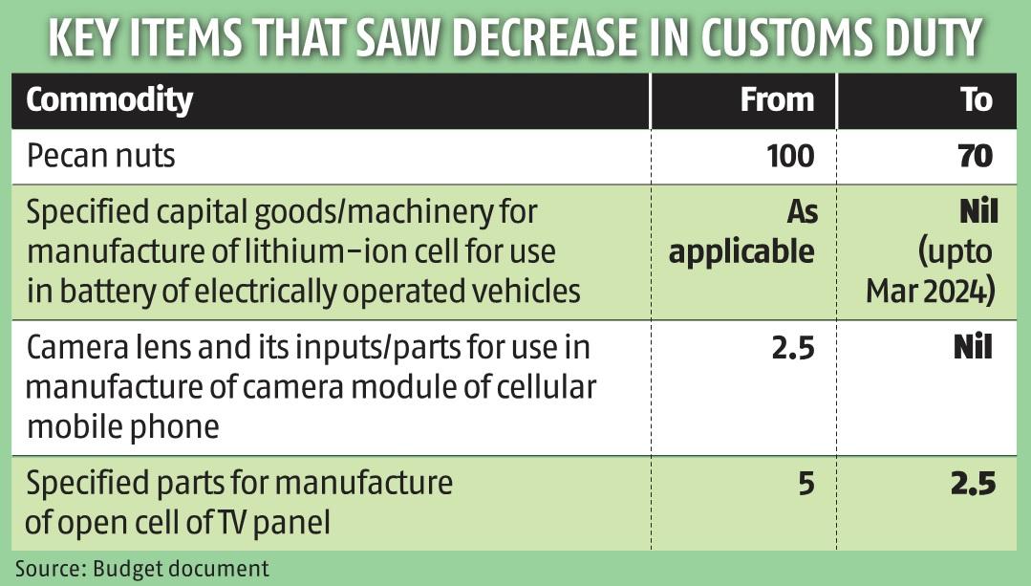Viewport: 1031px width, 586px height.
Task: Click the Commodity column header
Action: [x=109, y=100]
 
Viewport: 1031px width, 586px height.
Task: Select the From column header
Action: [x=777, y=100]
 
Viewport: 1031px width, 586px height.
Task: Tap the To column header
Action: [x=977, y=100]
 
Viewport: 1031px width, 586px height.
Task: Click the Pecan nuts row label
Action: [x=100, y=155]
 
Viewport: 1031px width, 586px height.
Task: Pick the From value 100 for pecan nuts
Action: [x=789, y=155]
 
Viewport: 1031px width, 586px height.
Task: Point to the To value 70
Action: [x=976, y=155]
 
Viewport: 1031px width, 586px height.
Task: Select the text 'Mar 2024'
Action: [x=931, y=290]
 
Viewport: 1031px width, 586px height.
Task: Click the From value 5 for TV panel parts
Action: [x=806, y=485]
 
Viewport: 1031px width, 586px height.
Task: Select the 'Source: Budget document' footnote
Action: [x=141, y=569]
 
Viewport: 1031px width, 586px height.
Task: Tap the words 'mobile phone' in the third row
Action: [x=122, y=425]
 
